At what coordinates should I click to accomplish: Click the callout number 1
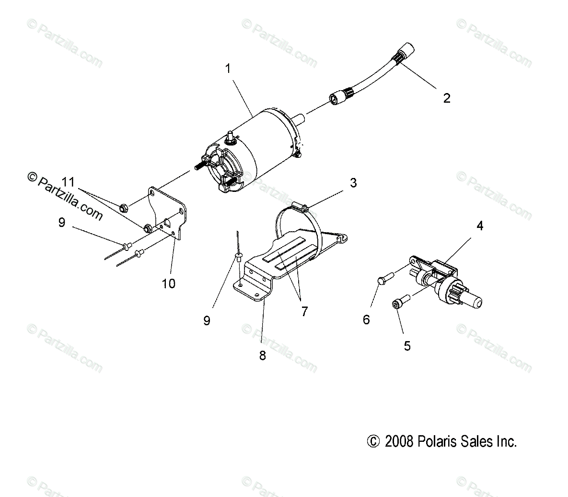(x=228, y=69)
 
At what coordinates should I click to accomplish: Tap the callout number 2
(x=447, y=98)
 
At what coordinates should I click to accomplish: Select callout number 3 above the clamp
(x=353, y=183)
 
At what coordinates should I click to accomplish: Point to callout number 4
(x=479, y=226)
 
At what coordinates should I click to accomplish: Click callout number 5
(x=407, y=345)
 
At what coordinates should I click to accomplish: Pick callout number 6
(x=366, y=319)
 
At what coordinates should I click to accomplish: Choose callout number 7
(x=303, y=311)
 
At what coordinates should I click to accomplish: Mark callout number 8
(x=262, y=355)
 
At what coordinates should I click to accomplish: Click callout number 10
(x=168, y=284)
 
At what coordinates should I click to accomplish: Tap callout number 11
(x=68, y=182)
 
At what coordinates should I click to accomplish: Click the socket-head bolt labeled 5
(x=397, y=304)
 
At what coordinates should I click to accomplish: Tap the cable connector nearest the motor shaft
(x=336, y=100)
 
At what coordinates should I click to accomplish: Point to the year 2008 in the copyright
(x=398, y=441)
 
